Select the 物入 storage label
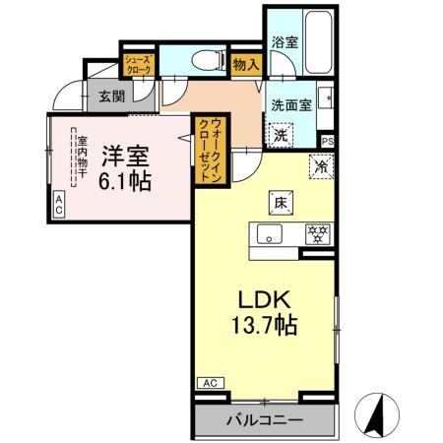click(x=246, y=65)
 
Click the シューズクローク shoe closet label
click(x=136, y=66)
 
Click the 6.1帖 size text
click(x=125, y=181)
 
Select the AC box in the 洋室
click(x=58, y=205)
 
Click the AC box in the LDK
click(x=209, y=382)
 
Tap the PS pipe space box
click(x=327, y=140)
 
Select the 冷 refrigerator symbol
click(x=320, y=166)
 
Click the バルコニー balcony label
click(x=265, y=420)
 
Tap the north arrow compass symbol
click(x=378, y=413)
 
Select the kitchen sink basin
click(x=270, y=235)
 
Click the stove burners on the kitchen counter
click(x=318, y=234)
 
